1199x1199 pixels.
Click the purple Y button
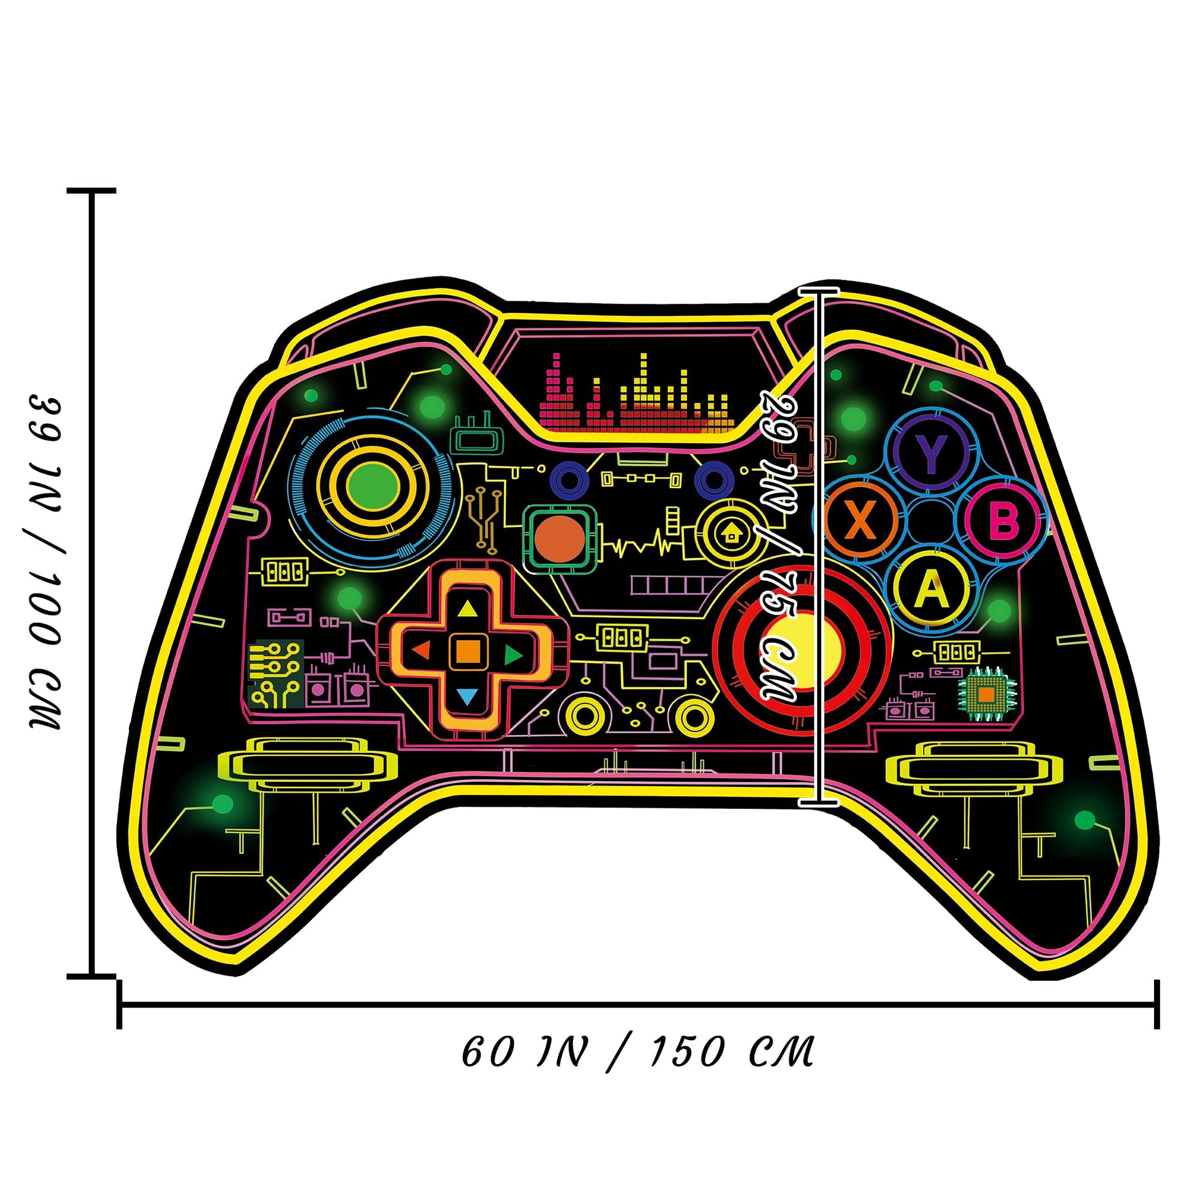[x=930, y=452]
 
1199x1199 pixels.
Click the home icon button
[x=733, y=532]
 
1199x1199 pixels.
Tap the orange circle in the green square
[x=560, y=537]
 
